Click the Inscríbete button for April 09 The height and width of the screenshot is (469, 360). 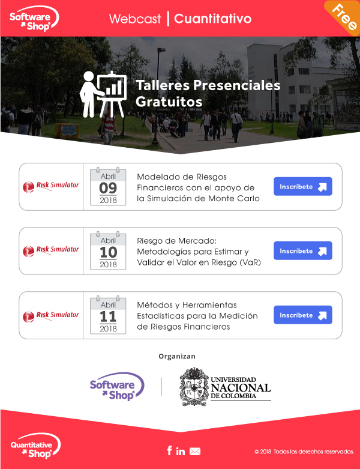pyautogui.click(x=302, y=186)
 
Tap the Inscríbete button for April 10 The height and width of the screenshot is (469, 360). pyautogui.click(x=302, y=250)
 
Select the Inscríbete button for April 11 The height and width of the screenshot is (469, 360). pyautogui.click(x=302, y=315)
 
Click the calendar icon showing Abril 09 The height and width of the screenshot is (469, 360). pyautogui.click(x=108, y=186)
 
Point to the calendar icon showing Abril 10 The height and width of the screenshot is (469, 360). pyautogui.click(x=108, y=250)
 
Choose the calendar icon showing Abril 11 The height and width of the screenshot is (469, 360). pyautogui.click(x=108, y=315)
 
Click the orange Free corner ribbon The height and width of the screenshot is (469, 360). pyautogui.click(x=344, y=17)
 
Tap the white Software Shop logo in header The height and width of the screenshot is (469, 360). pyautogui.click(x=34, y=19)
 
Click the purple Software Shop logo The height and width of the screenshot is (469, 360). pyautogui.click(x=117, y=387)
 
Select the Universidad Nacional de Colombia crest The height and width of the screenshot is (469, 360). pyautogui.click(x=194, y=387)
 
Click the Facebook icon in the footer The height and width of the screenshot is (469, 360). pyautogui.click(x=169, y=450)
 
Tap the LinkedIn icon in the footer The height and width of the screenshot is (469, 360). pyautogui.click(x=181, y=451)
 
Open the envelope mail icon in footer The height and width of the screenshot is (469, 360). pyautogui.click(x=195, y=452)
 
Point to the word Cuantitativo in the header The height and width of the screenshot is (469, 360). pyautogui.click(x=213, y=19)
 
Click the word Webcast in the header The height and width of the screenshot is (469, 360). pyautogui.click(x=135, y=19)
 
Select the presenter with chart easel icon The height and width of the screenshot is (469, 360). pyautogui.click(x=103, y=94)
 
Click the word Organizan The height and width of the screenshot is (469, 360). pyautogui.click(x=177, y=356)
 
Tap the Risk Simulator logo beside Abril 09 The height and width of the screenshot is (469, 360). pyautogui.click(x=51, y=186)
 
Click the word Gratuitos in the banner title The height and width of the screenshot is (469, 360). pyautogui.click(x=169, y=101)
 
